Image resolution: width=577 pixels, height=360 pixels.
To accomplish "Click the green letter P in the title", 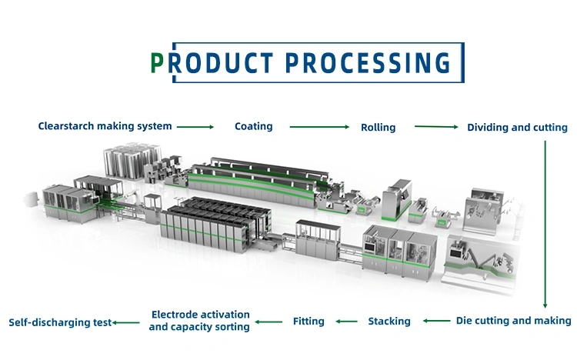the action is [157, 63].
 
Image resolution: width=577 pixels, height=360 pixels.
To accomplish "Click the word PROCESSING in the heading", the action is [368, 63].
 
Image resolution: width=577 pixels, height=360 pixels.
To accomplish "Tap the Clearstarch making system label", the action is [105, 126].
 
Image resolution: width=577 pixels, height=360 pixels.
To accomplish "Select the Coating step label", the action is [254, 127].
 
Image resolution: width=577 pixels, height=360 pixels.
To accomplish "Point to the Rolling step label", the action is [378, 128].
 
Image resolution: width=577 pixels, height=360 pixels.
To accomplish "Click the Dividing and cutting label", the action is [517, 128].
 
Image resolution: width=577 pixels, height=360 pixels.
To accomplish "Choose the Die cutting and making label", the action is [513, 321].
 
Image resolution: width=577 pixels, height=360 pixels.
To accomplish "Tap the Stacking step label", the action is [389, 322].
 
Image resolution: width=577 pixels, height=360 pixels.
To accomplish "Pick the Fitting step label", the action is [309, 322].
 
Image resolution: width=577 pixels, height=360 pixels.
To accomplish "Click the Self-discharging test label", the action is [60, 322].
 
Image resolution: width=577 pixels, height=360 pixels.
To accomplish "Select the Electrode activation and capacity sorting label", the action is [199, 321].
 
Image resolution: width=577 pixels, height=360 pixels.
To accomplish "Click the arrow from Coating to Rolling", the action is [319, 127].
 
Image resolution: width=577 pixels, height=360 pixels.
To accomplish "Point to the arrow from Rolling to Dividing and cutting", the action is [436, 127].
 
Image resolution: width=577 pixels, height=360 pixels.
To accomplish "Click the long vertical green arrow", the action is [545, 224].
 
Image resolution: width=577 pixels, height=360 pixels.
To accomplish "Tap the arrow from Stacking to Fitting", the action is [347, 322].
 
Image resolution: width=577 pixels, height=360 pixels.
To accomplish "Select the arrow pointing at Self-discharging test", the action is [126, 323].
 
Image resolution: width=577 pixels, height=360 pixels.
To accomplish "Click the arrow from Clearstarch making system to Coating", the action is [195, 127].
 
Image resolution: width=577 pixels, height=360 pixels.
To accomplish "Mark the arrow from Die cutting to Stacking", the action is [436, 321].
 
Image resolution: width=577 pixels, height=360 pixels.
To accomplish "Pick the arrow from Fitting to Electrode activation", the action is [268, 322].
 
